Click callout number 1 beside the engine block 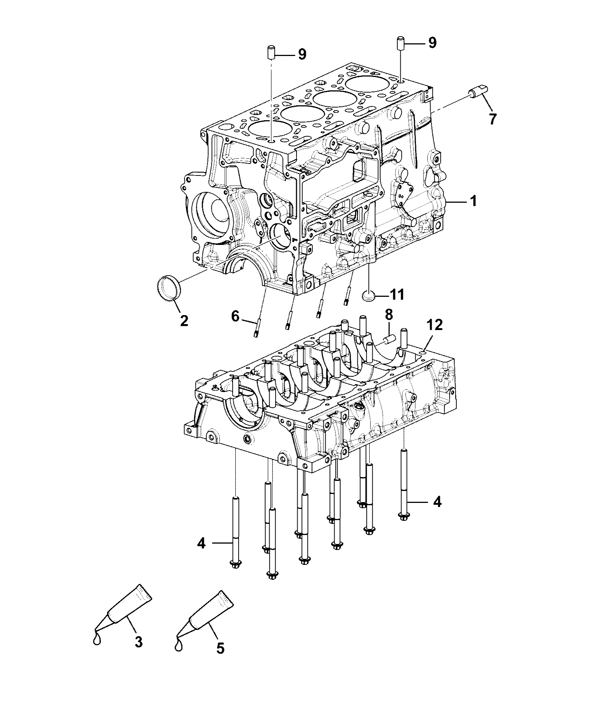(x=473, y=202)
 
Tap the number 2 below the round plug (x=184, y=320)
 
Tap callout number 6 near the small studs (x=235, y=316)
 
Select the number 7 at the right (x=493, y=119)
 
